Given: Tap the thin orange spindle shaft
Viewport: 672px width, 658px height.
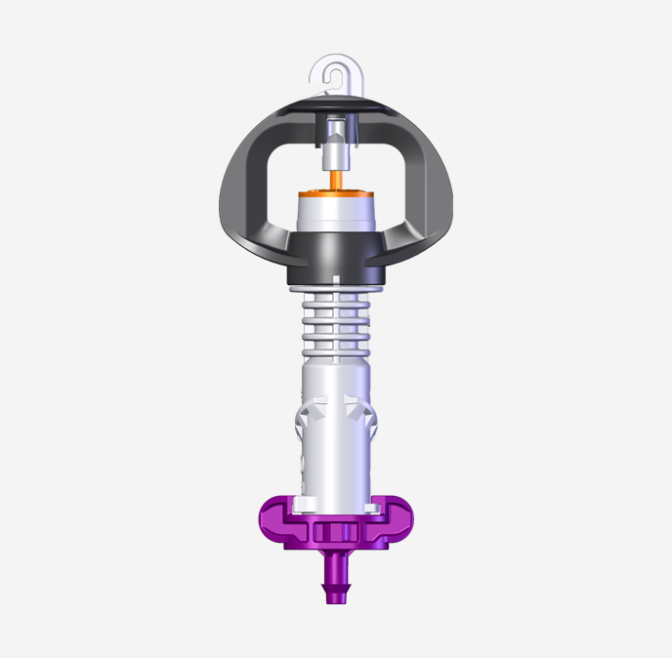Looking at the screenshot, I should point(336,180).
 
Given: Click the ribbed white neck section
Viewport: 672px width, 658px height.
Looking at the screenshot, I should point(336,322).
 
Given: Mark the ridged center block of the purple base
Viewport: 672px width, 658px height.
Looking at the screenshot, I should point(336,533).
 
